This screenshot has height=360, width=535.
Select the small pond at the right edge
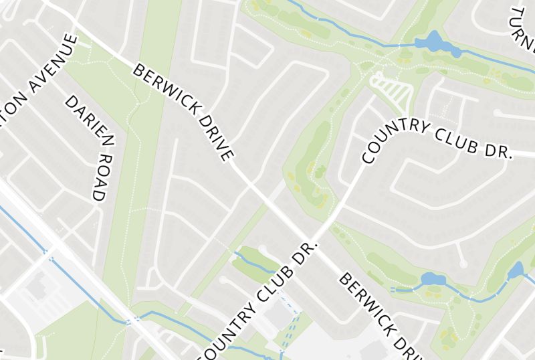tap(515, 271)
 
